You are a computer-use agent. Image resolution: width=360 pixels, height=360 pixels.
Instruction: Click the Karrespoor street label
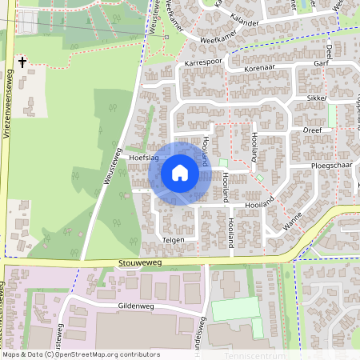(x=202, y=62)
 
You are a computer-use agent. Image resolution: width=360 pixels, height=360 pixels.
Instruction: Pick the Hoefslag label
(x=144, y=158)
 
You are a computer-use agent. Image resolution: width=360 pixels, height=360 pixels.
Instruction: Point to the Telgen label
(x=173, y=239)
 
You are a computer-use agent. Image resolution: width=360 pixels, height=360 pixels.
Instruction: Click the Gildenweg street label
(x=134, y=306)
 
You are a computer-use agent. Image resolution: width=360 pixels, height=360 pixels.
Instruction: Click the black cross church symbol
(x=22, y=61)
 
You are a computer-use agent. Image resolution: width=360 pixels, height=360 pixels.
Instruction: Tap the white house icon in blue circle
(x=180, y=173)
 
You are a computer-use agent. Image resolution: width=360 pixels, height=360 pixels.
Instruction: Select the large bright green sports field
(x=236, y=309)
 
